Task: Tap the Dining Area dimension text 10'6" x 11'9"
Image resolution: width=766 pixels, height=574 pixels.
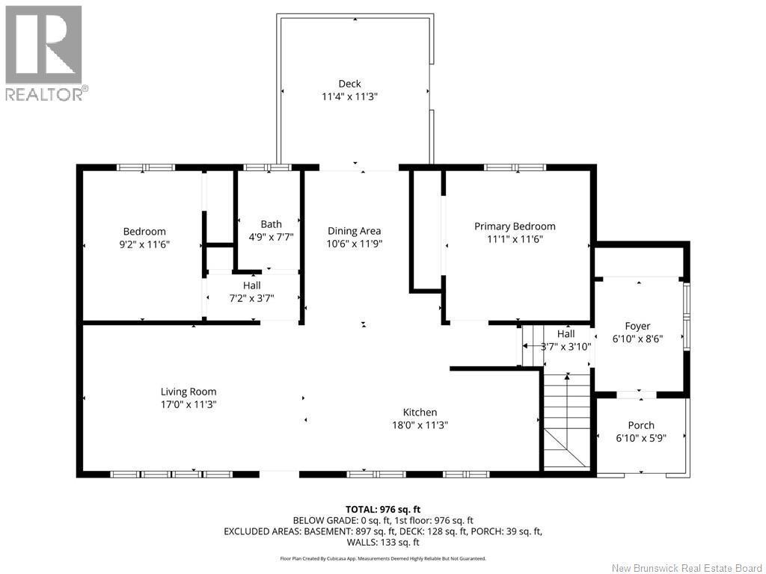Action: pyautogui.click(x=355, y=244)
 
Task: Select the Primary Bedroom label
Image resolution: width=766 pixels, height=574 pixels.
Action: pyautogui.click(x=515, y=226)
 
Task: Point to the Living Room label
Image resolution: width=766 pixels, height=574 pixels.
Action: pyautogui.click(x=189, y=392)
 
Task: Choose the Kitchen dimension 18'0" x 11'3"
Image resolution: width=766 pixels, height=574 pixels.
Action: pyautogui.click(x=420, y=425)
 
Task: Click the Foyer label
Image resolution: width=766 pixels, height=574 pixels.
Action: pyautogui.click(x=637, y=326)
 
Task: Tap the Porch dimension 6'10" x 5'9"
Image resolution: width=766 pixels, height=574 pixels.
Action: pyautogui.click(x=640, y=438)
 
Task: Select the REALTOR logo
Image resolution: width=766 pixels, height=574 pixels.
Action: pyautogui.click(x=45, y=52)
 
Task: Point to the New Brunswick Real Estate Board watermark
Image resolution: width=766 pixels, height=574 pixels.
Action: pyautogui.click(x=687, y=568)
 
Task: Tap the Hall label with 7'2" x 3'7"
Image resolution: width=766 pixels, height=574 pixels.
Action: pyautogui.click(x=251, y=286)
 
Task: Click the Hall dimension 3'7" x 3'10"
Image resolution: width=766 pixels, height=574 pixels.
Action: pyautogui.click(x=566, y=346)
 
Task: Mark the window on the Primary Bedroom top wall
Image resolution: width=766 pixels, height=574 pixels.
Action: pyautogui.click(x=515, y=167)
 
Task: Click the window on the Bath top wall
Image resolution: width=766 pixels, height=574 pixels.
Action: pyautogui.click(x=267, y=167)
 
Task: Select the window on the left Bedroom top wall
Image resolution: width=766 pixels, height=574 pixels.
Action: pyautogui.click(x=146, y=167)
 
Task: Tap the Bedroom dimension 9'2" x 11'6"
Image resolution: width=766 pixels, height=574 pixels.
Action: pyautogui.click(x=144, y=244)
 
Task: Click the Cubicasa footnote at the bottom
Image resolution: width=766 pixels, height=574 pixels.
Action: pyautogui.click(x=383, y=558)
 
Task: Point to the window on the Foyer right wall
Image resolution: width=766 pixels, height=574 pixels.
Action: pyautogui.click(x=685, y=313)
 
